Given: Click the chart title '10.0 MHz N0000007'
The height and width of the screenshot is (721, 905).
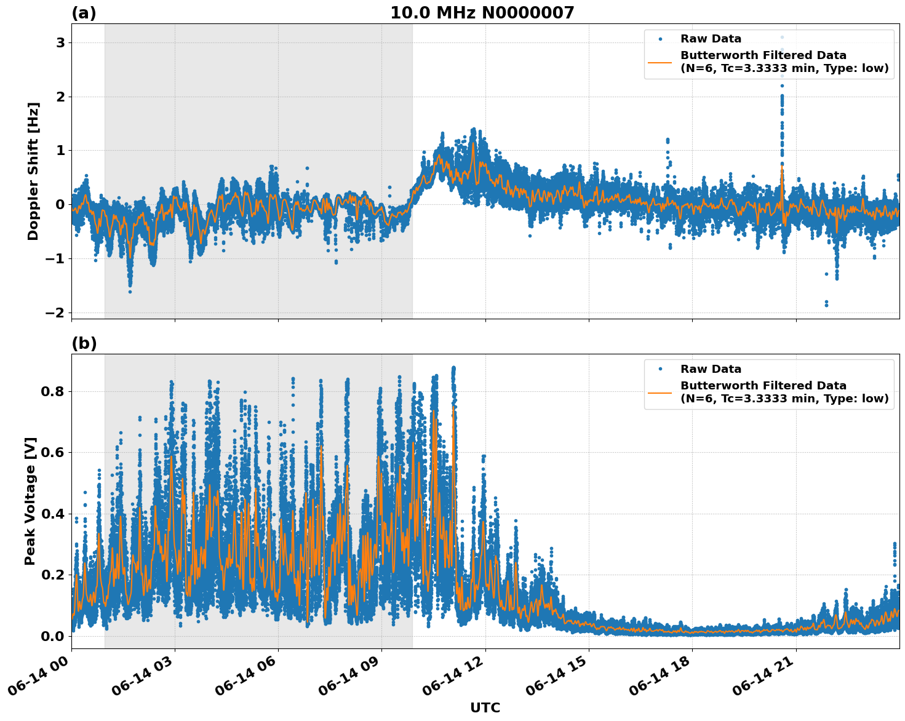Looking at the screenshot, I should pos(482,13).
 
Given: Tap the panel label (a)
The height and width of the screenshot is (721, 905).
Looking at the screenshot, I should pos(84,13).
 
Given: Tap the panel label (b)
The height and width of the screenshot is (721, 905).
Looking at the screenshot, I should pos(84,343).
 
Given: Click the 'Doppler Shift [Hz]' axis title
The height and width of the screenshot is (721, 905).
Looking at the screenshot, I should pos(33,171).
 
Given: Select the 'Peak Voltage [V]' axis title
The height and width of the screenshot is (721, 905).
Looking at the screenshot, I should pos(30,501).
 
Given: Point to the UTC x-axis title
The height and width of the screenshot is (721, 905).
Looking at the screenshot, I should pos(485,707).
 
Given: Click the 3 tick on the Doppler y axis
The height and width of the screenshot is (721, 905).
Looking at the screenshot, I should pos(60,42).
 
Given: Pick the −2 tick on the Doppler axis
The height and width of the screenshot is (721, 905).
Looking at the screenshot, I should pos(55,313).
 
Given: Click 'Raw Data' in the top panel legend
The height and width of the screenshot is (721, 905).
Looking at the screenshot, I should pos(711,39).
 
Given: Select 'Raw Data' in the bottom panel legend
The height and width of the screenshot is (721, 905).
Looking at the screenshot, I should pos(711,369).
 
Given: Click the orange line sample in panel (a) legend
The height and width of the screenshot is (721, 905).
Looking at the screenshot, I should pos(660,62).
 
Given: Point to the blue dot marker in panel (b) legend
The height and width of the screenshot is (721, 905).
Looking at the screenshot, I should pos(660,369).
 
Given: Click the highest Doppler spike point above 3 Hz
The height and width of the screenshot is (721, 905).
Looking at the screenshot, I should pos(782,37).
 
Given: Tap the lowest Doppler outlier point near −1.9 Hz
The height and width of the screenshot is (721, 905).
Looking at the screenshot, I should pos(826,305).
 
